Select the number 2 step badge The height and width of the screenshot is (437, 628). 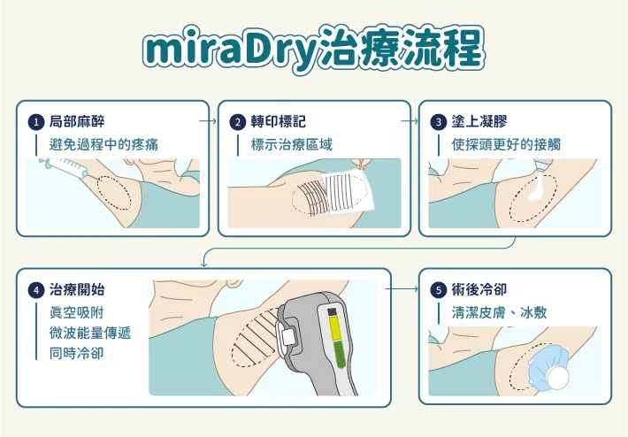237,122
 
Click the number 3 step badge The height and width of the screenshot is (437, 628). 438,122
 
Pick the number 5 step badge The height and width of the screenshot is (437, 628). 438,290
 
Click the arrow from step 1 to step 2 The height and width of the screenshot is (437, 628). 208,118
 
